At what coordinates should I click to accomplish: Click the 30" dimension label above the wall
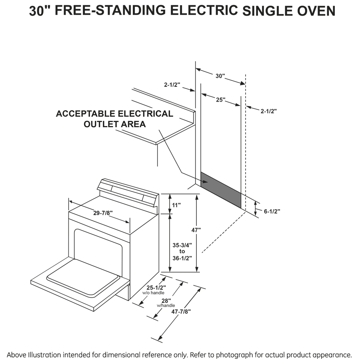(220, 75)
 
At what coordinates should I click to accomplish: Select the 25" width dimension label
(220, 99)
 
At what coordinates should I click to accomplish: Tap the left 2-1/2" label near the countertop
(172, 85)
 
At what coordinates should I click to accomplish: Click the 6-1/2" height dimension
(272, 211)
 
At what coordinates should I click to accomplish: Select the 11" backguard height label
(176, 205)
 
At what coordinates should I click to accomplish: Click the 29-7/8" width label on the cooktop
(102, 213)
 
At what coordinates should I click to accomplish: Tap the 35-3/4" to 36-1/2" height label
(182, 251)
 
